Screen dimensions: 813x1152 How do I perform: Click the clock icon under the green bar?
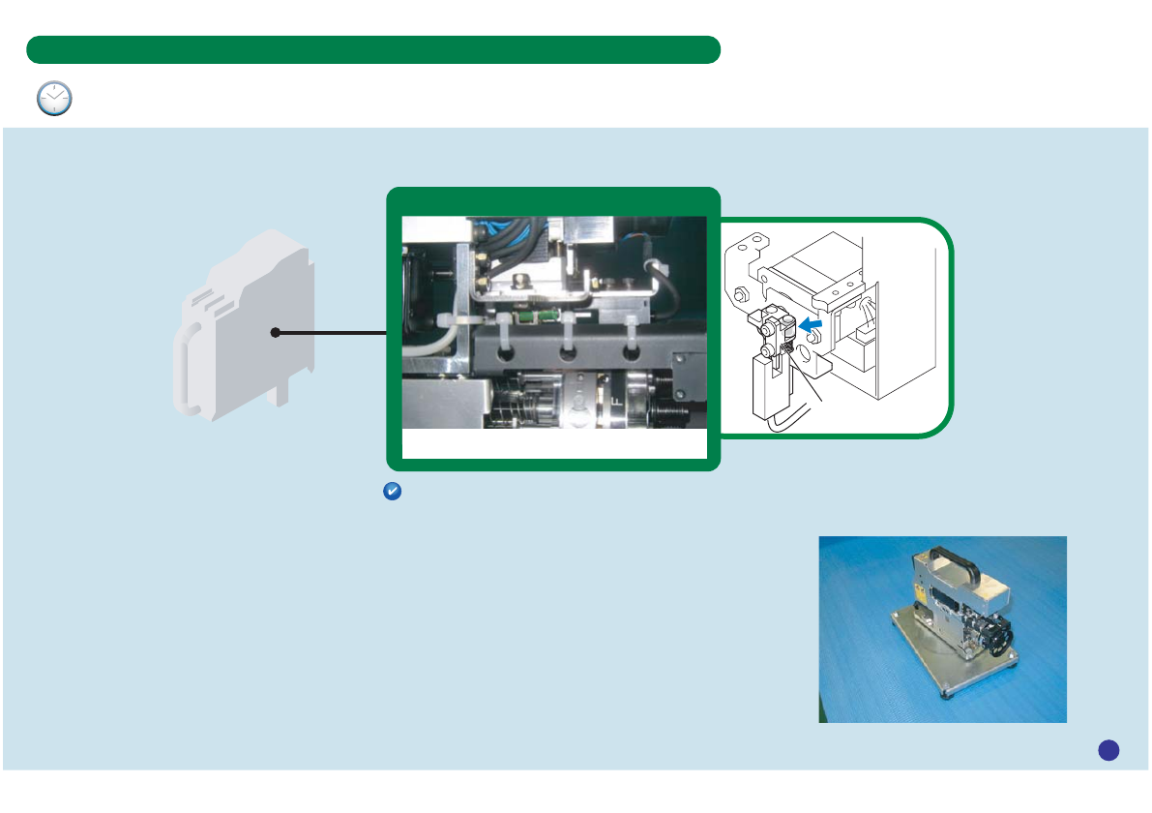point(54,99)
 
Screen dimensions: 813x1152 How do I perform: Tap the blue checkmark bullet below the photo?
point(393,492)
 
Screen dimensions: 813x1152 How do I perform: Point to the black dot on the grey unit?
point(276,333)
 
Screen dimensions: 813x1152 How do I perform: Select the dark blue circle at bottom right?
point(1108,749)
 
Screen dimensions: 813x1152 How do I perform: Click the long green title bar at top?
point(373,49)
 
